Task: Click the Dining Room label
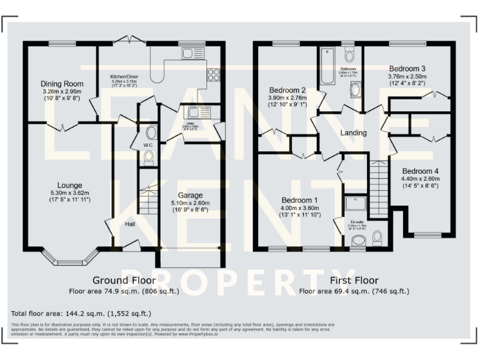tap(62, 84)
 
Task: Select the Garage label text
tap(190, 195)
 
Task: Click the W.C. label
tap(148, 145)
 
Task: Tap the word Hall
tap(130, 224)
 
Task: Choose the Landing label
tap(353, 133)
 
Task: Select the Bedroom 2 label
tap(287, 89)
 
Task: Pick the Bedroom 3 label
tap(407, 68)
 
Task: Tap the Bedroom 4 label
tap(420, 171)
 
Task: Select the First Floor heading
tap(354, 280)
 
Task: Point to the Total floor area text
tap(81, 312)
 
